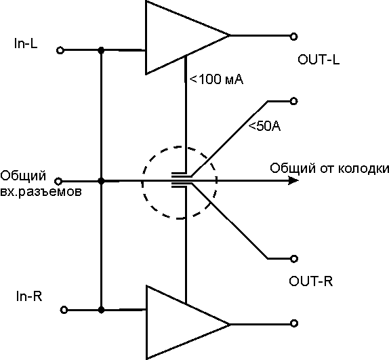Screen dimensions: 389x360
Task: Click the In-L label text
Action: click(26, 43)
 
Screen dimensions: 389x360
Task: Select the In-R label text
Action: click(29, 296)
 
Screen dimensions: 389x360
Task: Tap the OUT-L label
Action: click(319, 60)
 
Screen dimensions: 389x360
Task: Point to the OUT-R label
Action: click(310, 281)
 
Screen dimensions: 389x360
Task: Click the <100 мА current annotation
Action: click(216, 79)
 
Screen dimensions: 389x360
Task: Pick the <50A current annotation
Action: click(264, 126)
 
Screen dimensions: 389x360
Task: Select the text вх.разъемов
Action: click(41, 192)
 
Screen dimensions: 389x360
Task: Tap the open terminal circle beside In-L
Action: click(60, 51)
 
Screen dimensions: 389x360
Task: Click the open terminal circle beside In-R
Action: click(64, 310)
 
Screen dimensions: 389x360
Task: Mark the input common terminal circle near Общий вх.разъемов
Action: click(58, 182)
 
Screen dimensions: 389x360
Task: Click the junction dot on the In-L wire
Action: click(101, 51)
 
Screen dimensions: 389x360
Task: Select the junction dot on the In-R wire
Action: click(101, 310)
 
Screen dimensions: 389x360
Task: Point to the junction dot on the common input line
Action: click(101, 182)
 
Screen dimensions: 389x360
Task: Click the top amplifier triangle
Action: click(173, 37)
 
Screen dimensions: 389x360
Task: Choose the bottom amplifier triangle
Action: click(173, 323)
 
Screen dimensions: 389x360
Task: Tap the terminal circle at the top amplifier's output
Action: click(293, 37)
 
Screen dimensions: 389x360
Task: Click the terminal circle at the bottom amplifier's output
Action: click(294, 323)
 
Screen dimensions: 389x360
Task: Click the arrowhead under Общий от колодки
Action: click(293, 180)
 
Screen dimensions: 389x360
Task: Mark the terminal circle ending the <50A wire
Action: click(293, 101)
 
